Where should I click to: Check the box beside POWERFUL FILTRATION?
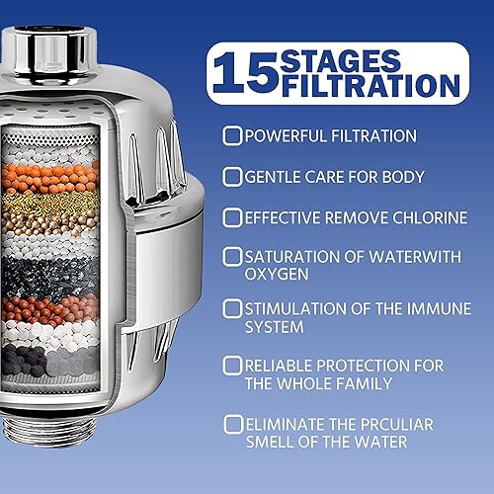coord(232,135)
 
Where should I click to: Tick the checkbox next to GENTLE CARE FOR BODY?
coord(232,177)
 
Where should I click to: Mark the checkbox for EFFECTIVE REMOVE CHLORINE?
coord(232,217)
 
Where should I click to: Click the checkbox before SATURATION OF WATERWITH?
coord(232,257)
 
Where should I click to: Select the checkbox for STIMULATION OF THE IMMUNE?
coord(232,306)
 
